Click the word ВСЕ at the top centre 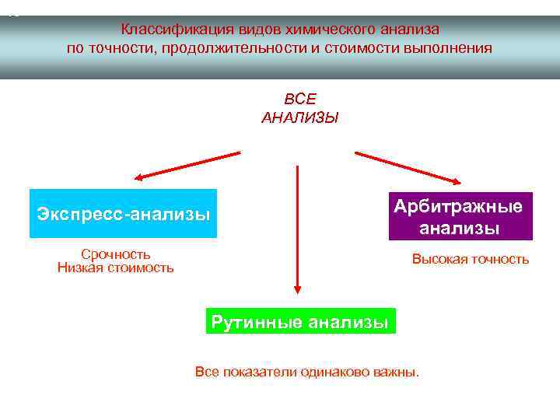click(x=300, y=99)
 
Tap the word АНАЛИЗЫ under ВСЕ click(x=300, y=118)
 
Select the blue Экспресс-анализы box click(x=123, y=213)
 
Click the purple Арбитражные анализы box click(x=461, y=216)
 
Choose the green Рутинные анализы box click(x=300, y=321)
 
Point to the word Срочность click(x=116, y=254)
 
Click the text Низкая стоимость click(x=116, y=268)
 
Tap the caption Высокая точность click(x=470, y=260)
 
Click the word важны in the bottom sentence click(x=398, y=372)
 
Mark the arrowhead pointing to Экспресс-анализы click(x=138, y=177)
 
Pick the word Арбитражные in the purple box click(x=458, y=206)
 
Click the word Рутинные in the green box click(x=256, y=321)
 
